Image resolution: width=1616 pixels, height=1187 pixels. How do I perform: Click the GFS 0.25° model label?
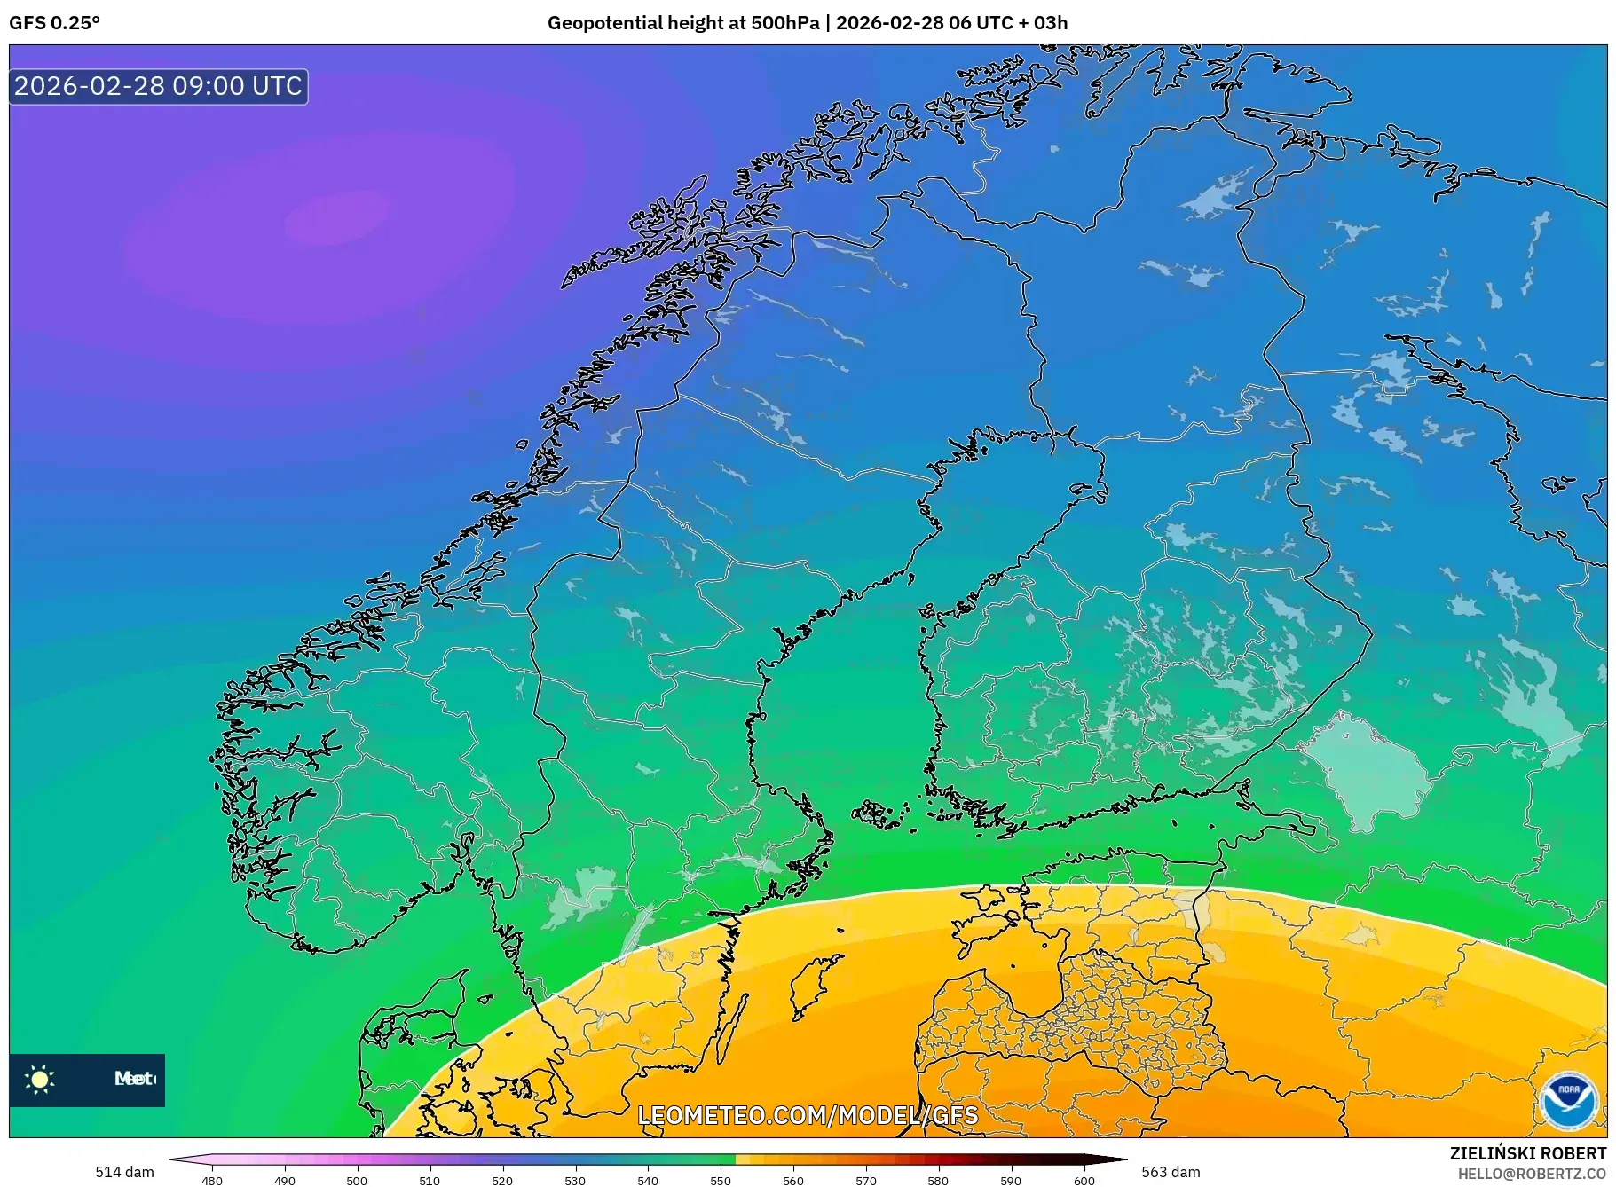(x=55, y=23)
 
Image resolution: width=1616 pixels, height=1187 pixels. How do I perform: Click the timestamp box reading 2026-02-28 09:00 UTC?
(x=159, y=86)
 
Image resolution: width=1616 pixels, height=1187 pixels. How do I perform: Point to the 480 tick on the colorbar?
(x=212, y=1180)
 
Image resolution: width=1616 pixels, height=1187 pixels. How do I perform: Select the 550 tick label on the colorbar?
(x=721, y=1180)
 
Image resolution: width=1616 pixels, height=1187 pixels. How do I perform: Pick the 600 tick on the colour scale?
(x=1084, y=1180)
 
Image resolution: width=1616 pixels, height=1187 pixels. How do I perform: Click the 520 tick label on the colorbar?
(x=502, y=1180)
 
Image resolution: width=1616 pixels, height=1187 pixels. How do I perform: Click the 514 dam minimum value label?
(x=124, y=1172)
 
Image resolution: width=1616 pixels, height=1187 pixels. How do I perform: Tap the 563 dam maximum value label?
(x=1171, y=1172)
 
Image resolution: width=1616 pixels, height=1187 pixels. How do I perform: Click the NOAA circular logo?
(x=1569, y=1101)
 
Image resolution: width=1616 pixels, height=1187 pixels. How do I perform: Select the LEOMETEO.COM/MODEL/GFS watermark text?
(x=808, y=1115)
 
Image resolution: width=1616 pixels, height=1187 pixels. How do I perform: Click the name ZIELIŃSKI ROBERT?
(x=1527, y=1153)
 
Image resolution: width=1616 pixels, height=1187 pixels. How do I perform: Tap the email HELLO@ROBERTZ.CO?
(x=1532, y=1174)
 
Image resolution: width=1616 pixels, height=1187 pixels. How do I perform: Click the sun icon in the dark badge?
(x=40, y=1079)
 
